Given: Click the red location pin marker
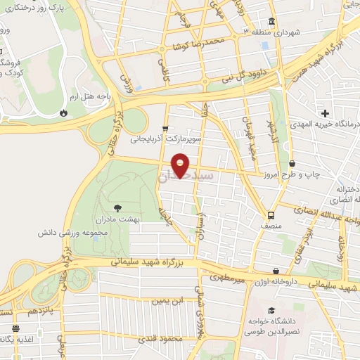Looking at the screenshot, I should [181, 165].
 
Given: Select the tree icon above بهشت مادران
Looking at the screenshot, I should [117, 207].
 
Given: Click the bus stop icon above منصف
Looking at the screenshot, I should [271, 215].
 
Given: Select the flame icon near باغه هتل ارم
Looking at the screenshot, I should [64, 112].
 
